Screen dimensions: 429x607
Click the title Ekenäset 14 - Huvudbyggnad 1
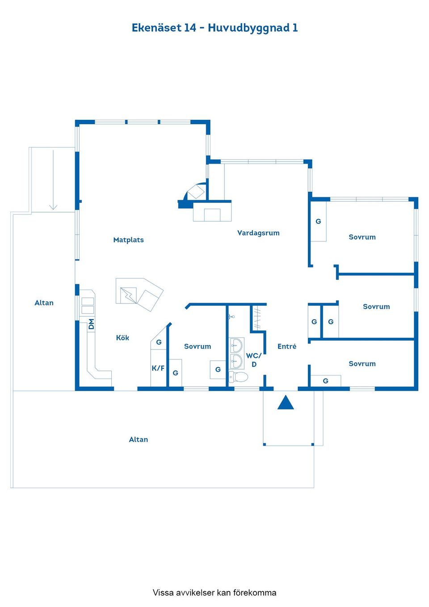coord(214,28)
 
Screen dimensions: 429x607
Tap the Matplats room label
coord(128,240)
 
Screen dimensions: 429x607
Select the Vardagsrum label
coord(258,233)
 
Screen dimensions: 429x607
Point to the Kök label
coord(122,337)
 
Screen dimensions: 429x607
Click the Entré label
coord(287,346)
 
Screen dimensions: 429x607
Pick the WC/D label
coord(254,360)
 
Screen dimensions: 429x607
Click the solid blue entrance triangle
coord(286,402)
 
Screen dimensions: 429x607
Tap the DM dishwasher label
coord(92,324)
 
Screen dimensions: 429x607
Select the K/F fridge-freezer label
coord(158,368)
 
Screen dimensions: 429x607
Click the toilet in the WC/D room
coord(238,376)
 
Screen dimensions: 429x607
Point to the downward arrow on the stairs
coord(53,180)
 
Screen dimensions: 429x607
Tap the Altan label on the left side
coord(44,303)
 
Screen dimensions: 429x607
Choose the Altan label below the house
coord(139,439)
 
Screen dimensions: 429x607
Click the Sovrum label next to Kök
coord(198,346)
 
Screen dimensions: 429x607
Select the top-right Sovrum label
coord(362,237)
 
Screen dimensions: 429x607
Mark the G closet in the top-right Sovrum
coord(318,221)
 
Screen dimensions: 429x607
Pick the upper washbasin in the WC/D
coord(236,345)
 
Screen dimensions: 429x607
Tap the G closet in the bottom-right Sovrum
coord(325,381)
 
